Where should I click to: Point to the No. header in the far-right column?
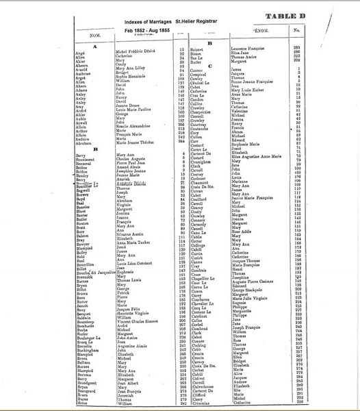296,31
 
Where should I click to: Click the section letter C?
201,66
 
